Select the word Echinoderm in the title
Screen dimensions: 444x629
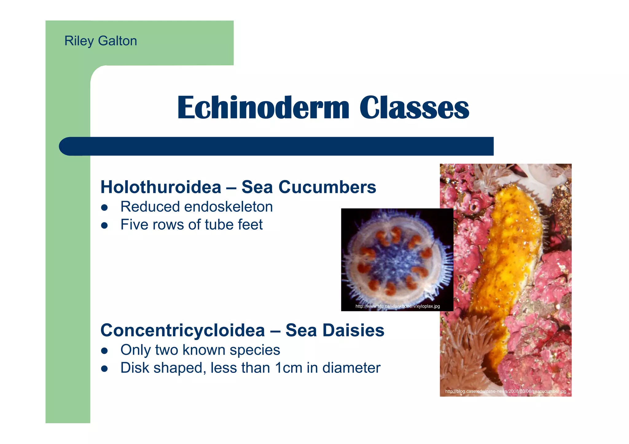263,108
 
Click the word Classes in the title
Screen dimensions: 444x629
414,108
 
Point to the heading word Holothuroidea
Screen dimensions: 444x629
161,187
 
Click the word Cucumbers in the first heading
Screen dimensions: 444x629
327,187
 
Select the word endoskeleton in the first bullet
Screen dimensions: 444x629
228,207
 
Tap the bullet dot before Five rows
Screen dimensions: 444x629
104,225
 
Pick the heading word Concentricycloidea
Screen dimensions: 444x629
183,331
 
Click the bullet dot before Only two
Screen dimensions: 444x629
104,351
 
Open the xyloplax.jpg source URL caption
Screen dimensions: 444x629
397,306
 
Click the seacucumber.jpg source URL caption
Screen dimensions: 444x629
506,392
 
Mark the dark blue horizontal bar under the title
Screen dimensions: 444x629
276,146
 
